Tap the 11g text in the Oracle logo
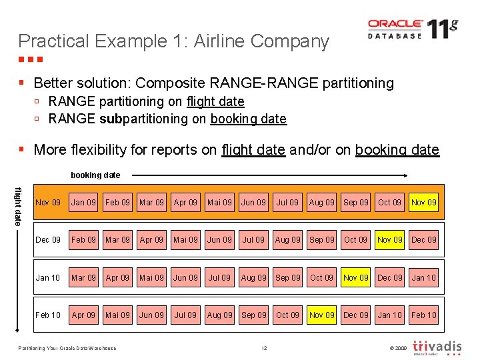coord(442,29)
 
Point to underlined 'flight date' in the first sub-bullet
coord(215,101)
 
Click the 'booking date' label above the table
coord(95,175)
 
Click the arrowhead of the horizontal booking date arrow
coord(403,175)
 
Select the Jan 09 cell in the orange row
coord(83,202)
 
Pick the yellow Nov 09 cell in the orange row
coord(423,202)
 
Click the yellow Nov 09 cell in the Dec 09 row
coord(389,239)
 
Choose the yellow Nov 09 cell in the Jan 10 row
coord(355,277)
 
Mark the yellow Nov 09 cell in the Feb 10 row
coord(321,315)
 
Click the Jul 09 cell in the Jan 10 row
coord(219,277)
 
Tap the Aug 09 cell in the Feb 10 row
coord(219,315)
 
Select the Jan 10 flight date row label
coord(47,277)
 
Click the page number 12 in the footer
coord(264,348)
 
